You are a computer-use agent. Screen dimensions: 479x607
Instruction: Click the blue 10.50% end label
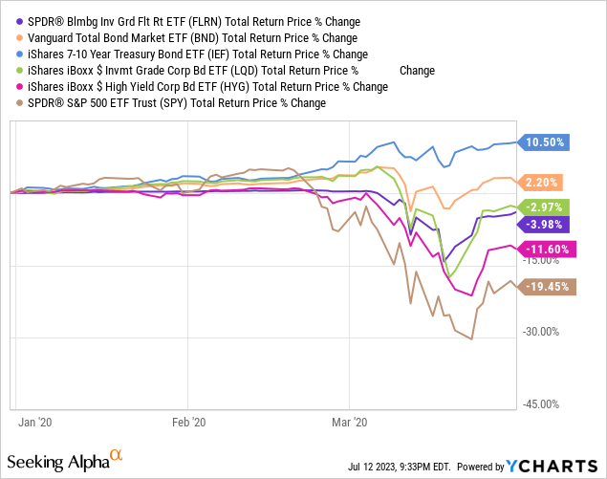click(x=546, y=142)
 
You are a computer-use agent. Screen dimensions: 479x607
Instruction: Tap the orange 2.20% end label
click(x=542, y=182)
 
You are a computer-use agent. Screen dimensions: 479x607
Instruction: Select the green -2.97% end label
click(x=545, y=207)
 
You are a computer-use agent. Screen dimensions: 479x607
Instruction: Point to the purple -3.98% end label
click(x=545, y=224)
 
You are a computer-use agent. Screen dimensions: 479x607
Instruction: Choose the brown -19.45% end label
click(x=548, y=286)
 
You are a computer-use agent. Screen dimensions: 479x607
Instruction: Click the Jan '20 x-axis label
click(x=36, y=421)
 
